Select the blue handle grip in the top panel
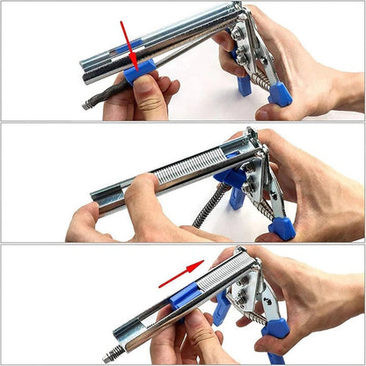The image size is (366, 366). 280,93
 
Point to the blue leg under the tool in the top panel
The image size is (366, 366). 244,85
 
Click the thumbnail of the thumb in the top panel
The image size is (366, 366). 150,105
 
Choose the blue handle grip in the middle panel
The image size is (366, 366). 282,227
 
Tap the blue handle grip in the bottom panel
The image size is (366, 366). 275,331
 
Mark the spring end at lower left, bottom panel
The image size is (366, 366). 112,355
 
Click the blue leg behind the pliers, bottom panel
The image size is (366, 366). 222,310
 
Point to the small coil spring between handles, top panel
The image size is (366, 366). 260,78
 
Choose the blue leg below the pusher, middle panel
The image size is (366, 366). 236,197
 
